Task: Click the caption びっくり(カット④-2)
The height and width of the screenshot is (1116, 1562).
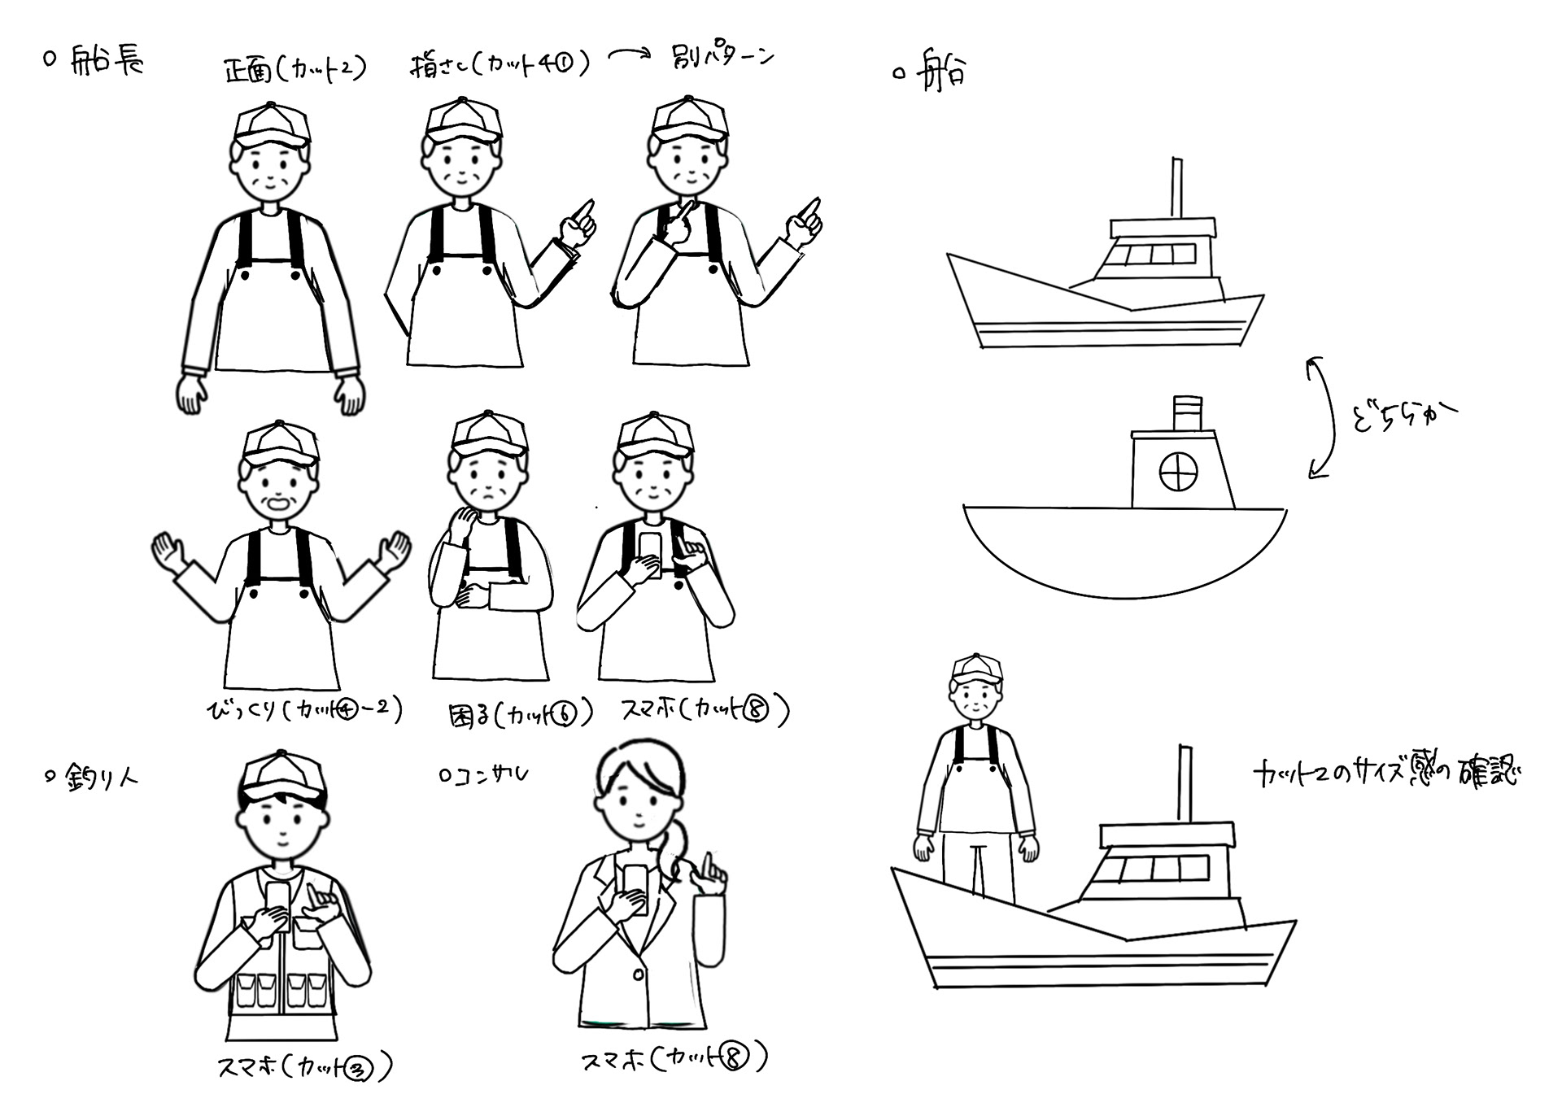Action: click(305, 711)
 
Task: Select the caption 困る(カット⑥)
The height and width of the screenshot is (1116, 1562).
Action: click(521, 715)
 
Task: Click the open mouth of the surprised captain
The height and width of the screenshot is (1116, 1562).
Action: click(277, 504)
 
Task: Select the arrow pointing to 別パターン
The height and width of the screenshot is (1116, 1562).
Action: click(630, 54)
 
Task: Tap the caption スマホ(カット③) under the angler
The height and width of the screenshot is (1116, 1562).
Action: click(305, 1066)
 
